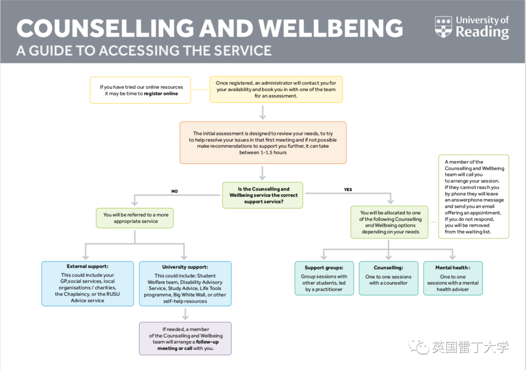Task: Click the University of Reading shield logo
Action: point(443,27)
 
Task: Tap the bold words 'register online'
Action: point(161,94)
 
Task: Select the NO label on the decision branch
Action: point(174,191)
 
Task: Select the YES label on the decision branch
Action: point(348,190)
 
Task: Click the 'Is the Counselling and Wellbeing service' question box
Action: point(263,195)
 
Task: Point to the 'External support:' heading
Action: point(88,267)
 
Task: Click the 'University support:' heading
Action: point(185,267)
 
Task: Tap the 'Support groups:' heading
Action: point(324,268)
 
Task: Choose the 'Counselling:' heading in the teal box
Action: point(388,268)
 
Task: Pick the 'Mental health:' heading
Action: point(452,268)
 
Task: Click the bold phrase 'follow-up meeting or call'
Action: point(188,345)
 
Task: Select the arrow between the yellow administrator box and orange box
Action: point(263,113)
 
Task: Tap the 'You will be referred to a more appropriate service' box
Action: point(135,217)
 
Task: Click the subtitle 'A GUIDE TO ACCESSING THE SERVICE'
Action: point(144,50)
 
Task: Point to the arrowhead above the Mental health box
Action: point(452,256)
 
